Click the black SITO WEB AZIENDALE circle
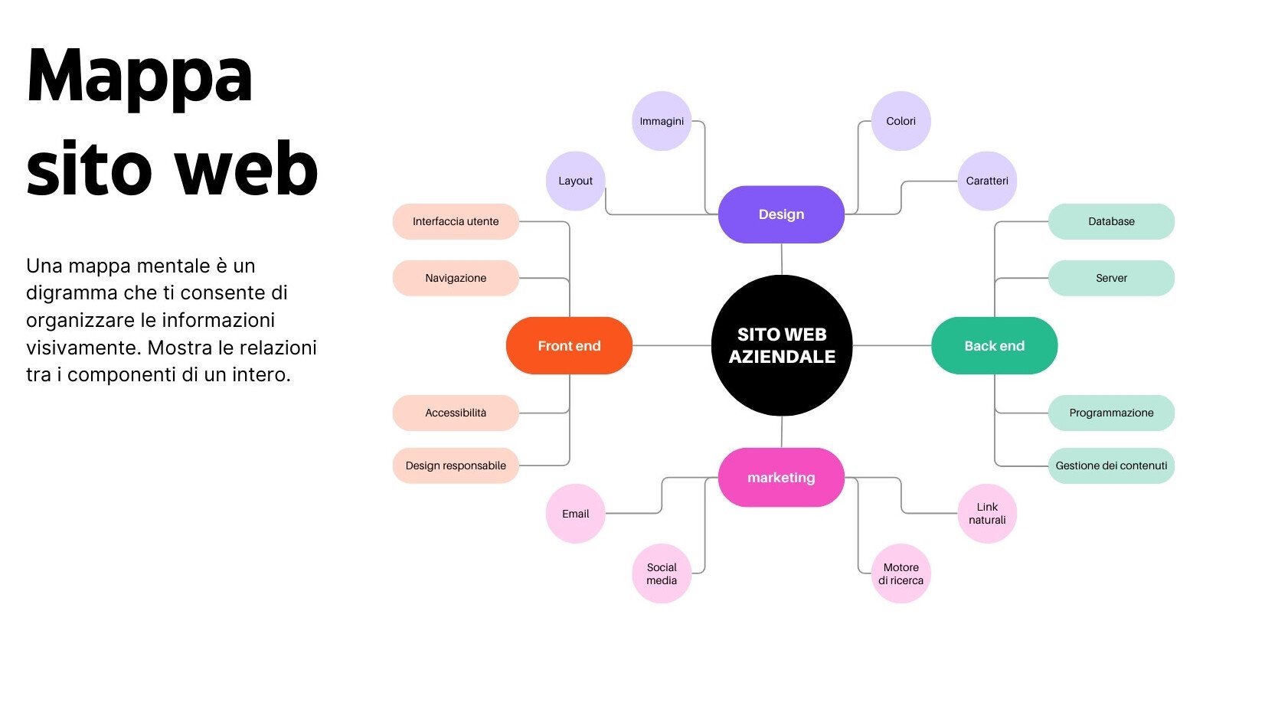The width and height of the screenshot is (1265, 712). click(781, 345)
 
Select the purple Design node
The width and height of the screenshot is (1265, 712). click(781, 214)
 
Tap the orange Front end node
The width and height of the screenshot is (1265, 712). click(569, 345)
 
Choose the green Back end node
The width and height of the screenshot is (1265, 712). click(994, 345)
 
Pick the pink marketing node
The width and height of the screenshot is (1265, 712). click(781, 477)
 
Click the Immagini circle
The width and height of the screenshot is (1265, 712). click(662, 121)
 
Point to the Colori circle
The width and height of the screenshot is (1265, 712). click(901, 121)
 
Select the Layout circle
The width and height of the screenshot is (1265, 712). click(575, 181)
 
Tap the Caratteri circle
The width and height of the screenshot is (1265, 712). click(987, 181)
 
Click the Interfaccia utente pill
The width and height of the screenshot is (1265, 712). click(456, 221)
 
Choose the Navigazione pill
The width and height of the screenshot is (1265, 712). click(456, 278)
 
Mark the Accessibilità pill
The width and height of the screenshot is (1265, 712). click(456, 413)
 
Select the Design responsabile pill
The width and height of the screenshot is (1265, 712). click(456, 465)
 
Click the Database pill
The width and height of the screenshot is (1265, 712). click(1111, 221)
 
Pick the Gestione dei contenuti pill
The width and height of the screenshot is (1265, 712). click(1111, 465)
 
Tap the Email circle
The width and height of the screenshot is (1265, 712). click(575, 514)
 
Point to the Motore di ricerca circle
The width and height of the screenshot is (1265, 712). click(901, 573)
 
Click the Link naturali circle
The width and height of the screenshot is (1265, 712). click(987, 513)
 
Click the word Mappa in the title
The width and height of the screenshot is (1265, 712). click(139, 77)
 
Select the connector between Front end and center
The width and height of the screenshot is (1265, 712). click(672, 345)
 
